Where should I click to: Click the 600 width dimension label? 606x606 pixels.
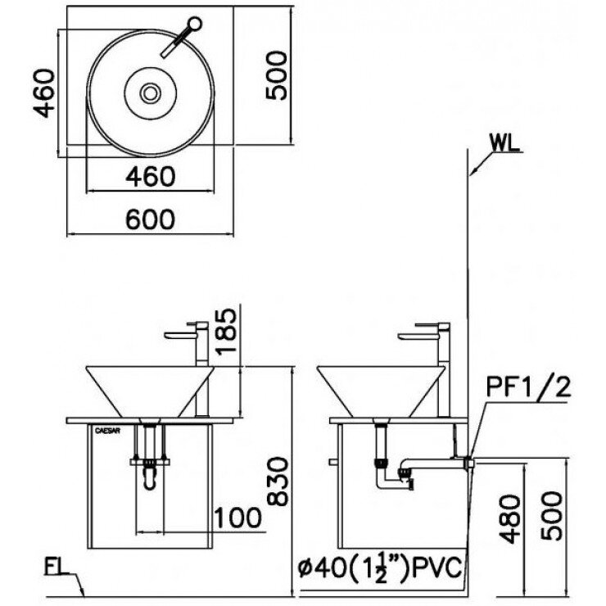click(151, 219)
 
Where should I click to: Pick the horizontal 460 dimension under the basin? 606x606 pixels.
click(151, 175)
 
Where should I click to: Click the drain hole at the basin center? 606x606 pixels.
click(151, 93)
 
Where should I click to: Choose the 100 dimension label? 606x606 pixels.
click(237, 518)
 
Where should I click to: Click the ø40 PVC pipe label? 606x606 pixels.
click(380, 566)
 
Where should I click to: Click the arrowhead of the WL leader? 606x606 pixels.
click(470, 173)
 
